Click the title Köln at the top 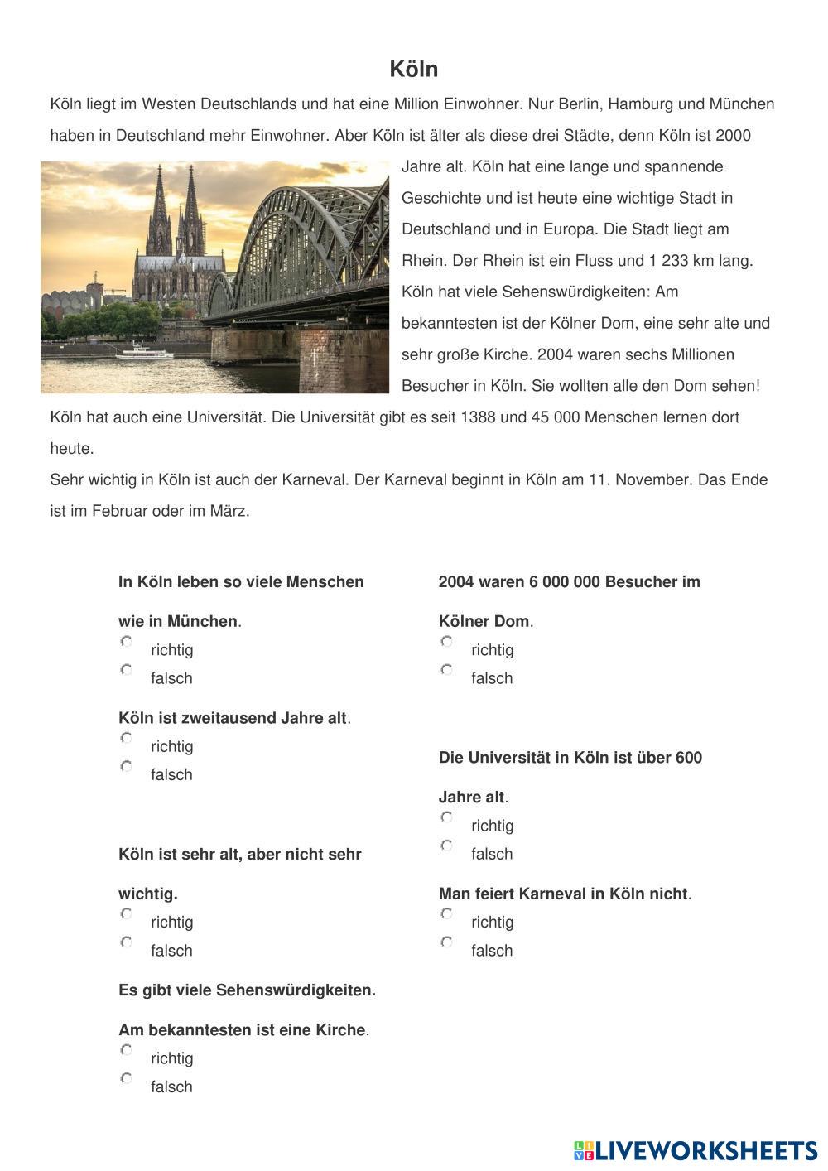413,70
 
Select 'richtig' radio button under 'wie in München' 127,642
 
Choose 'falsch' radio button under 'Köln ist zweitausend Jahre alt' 127,767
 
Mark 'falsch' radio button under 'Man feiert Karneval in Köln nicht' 447,942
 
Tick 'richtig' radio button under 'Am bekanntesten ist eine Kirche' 127,1050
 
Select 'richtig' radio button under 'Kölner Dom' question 447,642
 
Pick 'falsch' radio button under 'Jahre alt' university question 447,846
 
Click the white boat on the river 144,353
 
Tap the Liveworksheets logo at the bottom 696,1150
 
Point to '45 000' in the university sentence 556,417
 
